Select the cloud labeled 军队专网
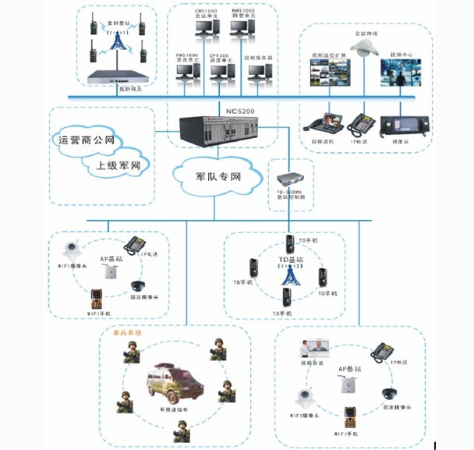point(218,177)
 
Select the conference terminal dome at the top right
point(363,49)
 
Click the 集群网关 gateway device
point(118,76)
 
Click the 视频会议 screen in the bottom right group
point(319,348)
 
